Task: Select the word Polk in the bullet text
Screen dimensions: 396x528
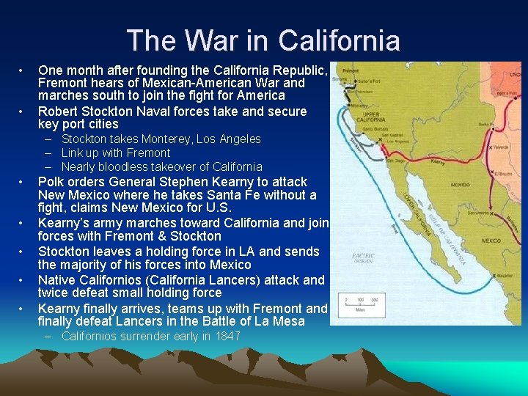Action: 51,181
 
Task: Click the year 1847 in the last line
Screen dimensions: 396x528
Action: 226,337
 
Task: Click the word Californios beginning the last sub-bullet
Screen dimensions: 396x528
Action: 92,337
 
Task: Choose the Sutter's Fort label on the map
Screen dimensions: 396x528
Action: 381,78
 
